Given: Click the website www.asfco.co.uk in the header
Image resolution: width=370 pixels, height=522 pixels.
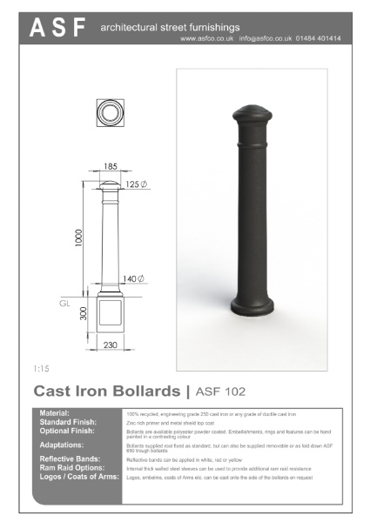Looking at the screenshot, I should [x=207, y=38].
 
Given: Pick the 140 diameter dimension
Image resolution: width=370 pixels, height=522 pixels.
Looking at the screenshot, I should [x=133, y=278].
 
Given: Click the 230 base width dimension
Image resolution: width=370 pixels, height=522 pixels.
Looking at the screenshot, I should [x=110, y=345].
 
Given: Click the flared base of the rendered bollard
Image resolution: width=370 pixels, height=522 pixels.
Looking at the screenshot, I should [x=251, y=306].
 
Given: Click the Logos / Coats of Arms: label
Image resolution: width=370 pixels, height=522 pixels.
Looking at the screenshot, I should [x=76, y=477].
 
